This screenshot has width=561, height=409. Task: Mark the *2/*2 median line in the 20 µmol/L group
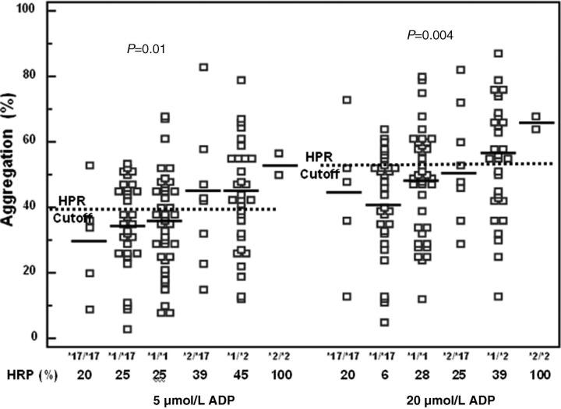click(x=535, y=123)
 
